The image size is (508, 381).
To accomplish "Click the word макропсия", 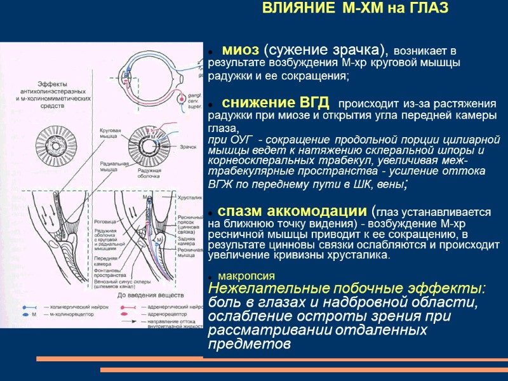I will pyautogui.click(x=246, y=276).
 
